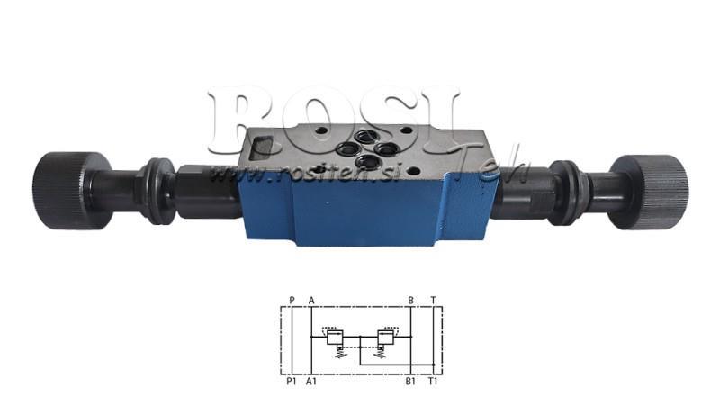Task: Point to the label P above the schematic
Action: click(292, 301)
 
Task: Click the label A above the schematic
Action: click(311, 301)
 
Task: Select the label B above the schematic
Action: click(410, 301)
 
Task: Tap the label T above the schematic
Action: click(433, 301)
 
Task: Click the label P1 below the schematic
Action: click(291, 382)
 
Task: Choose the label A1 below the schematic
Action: click(312, 382)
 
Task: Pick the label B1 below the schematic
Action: click(410, 382)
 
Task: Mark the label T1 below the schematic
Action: click(433, 382)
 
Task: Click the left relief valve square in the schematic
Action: click(333, 338)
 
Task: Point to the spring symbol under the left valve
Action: click(334, 353)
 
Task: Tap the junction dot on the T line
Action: click(433, 364)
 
